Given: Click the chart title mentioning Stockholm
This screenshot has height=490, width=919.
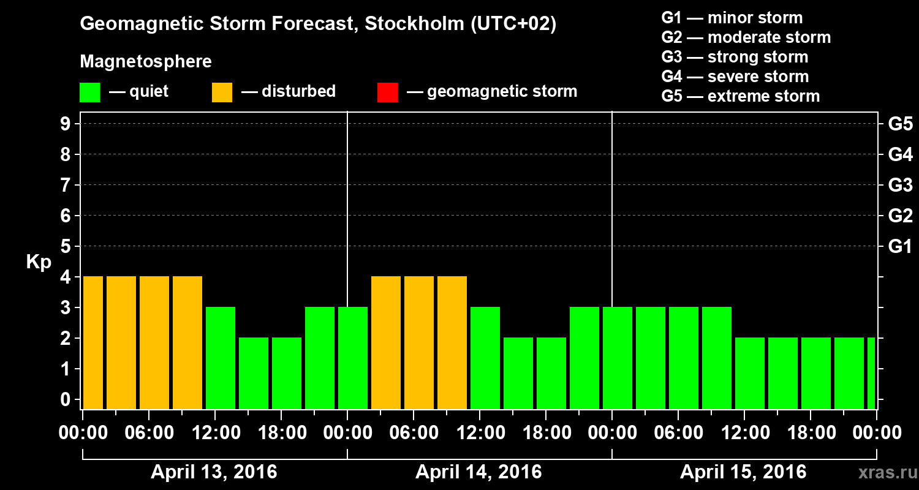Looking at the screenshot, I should (x=318, y=24).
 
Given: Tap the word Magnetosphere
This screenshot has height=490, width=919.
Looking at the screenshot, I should (x=146, y=62).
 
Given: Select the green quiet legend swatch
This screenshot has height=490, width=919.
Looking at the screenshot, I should (x=89, y=92).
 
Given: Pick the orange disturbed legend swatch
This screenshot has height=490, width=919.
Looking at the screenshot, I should (x=222, y=92).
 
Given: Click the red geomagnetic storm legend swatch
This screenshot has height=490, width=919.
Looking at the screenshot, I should (x=387, y=92).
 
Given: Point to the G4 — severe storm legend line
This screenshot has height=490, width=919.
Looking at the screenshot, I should (x=735, y=77).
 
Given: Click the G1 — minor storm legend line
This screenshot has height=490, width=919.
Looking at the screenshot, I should (x=732, y=18).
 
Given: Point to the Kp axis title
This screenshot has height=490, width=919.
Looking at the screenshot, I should (x=38, y=262).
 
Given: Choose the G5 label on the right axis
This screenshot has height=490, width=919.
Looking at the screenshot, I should (x=900, y=124).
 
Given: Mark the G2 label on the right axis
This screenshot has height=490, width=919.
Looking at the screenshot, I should (x=900, y=216).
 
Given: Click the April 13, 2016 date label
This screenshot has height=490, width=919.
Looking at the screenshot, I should (x=214, y=472).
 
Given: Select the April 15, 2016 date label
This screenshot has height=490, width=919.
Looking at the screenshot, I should (x=743, y=472).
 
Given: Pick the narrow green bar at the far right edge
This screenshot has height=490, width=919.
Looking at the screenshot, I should (x=871, y=373).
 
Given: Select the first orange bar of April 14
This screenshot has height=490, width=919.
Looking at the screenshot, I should (x=386, y=342).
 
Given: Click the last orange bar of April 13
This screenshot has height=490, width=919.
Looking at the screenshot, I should (x=187, y=342).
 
